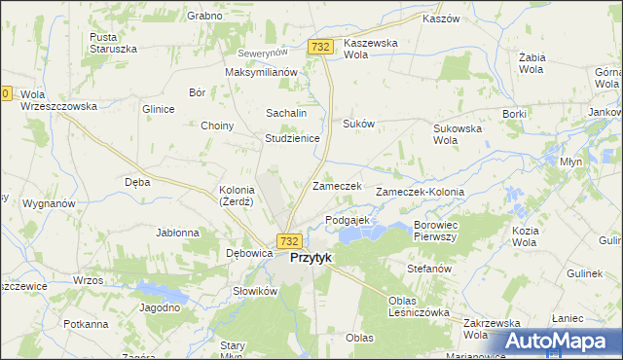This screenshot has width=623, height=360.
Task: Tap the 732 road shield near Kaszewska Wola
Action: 321,47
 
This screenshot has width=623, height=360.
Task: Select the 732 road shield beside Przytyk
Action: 288,240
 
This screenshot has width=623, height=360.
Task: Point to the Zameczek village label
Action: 337,186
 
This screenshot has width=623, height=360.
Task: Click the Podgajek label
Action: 348,221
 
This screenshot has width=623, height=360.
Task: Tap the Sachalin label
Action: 286,114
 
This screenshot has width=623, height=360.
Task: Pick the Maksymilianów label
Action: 260,73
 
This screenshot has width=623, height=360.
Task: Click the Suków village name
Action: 358,125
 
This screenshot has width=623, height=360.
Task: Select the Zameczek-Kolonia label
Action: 426,193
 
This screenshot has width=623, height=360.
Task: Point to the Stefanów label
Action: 431,268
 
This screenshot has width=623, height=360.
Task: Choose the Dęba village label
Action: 137,181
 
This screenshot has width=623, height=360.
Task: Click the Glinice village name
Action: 158,109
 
